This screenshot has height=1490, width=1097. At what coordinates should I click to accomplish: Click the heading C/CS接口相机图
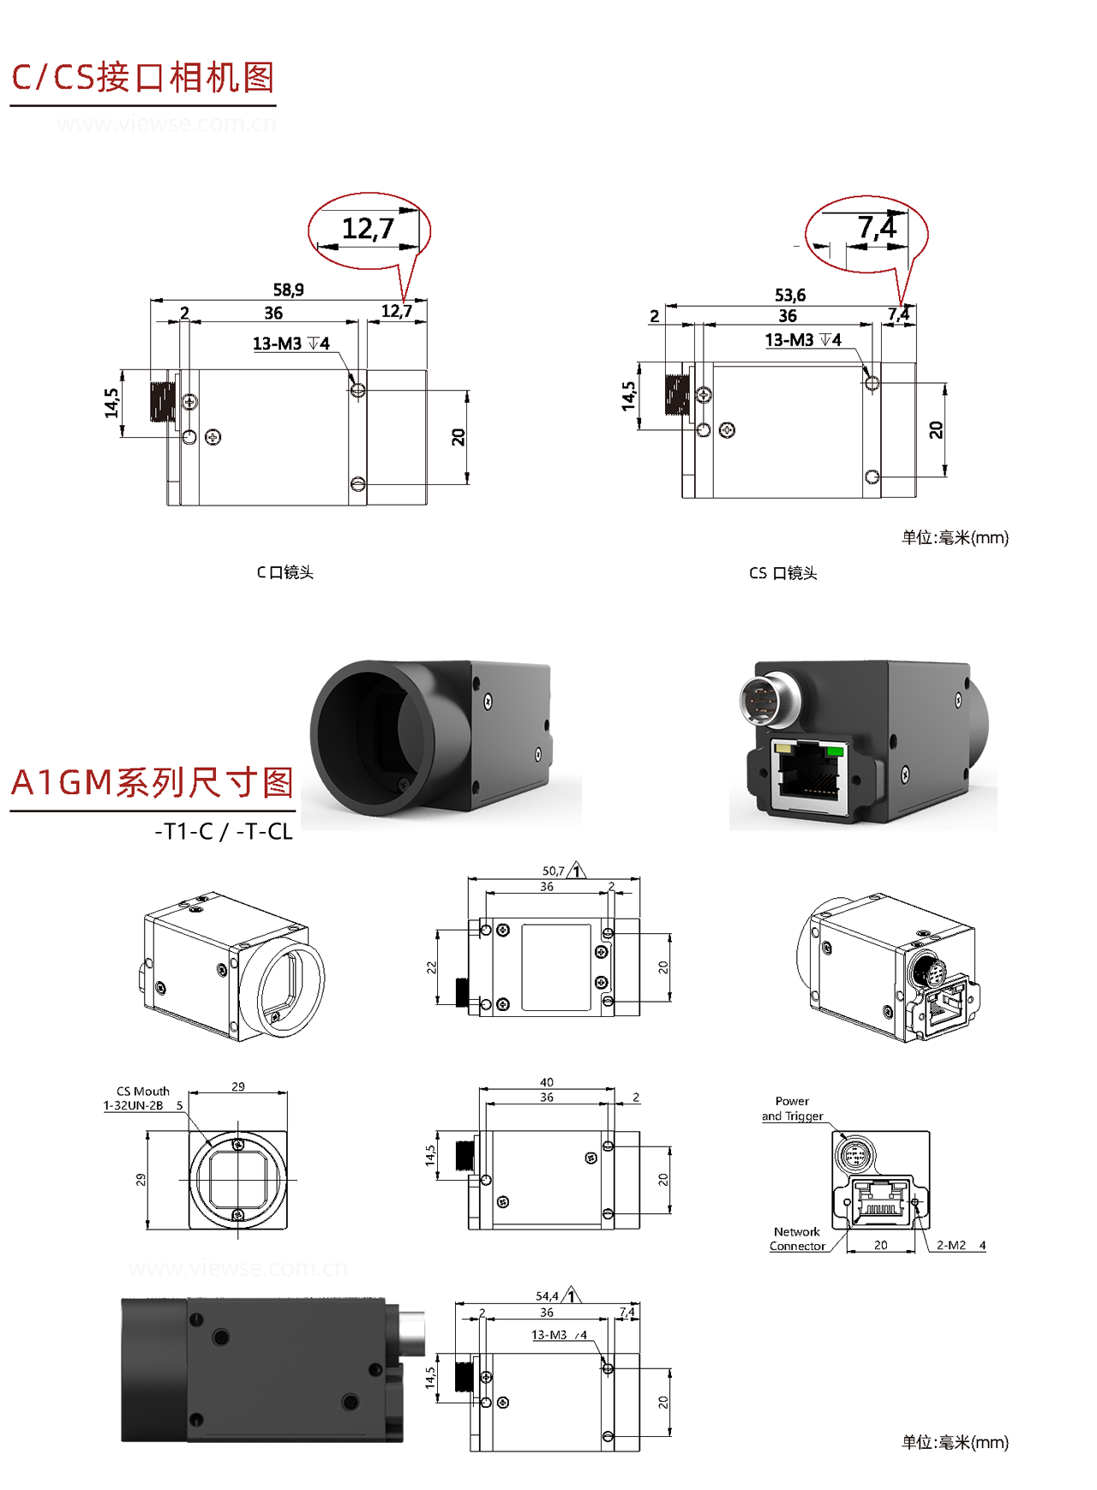(x=142, y=77)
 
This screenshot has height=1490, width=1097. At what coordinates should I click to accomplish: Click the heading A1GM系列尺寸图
(x=153, y=782)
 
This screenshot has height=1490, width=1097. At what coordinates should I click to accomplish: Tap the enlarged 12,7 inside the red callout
(x=368, y=229)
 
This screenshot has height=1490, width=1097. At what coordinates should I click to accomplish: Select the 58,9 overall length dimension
(x=288, y=290)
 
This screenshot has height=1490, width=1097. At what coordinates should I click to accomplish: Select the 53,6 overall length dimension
(x=789, y=295)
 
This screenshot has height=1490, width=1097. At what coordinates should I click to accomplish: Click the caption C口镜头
(x=285, y=572)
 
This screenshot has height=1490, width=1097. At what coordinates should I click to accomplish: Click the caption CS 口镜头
(x=782, y=573)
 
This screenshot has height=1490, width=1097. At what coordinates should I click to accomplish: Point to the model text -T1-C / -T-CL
(x=223, y=831)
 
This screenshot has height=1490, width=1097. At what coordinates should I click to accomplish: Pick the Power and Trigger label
(x=792, y=1109)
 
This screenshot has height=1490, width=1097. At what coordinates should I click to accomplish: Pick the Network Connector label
(x=797, y=1239)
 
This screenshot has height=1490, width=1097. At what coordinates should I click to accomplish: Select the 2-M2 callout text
(x=950, y=1245)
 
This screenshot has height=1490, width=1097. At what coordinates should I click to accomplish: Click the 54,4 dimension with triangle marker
(x=548, y=1296)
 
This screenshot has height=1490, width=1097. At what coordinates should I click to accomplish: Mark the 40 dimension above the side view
(x=547, y=1082)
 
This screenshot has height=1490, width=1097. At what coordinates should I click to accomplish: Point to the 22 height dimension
(x=432, y=967)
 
